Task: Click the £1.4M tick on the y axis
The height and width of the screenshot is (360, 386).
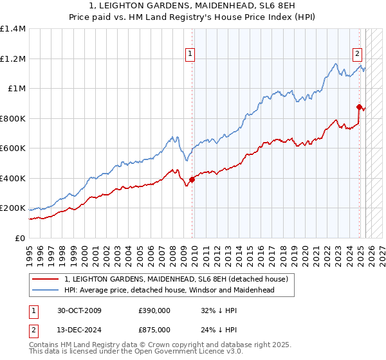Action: [x=13, y=29]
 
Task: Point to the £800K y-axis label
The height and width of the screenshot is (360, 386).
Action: [x=13, y=118]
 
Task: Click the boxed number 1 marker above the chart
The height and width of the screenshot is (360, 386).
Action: [x=191, y=55]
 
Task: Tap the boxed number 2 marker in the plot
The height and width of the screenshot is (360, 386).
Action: [x=356, y=55]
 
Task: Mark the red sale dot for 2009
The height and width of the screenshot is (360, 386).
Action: [x=192, y=180]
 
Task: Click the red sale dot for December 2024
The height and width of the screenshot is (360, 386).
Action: [x=358, y=107]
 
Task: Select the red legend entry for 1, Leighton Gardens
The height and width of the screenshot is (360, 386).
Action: [x=179, y=279]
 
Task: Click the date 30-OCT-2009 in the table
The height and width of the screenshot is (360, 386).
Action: [x=79, y=310]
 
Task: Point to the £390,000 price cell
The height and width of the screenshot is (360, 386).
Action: [x=154, y=310]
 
